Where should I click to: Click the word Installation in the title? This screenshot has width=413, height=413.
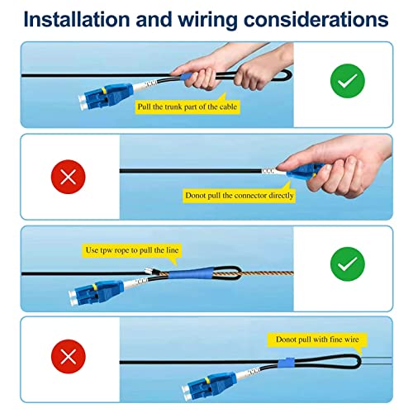[77, 19]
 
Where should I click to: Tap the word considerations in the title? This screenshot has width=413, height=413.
[316, 19]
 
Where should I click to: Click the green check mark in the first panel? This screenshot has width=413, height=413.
[348, 81]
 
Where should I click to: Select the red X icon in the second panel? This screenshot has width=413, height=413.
[69, 177]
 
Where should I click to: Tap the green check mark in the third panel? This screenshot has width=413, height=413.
[348, 264]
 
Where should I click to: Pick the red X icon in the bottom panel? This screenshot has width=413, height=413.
[69, 357]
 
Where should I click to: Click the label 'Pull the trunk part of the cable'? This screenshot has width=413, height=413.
[188, 107]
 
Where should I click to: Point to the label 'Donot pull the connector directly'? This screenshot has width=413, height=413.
[240, 196]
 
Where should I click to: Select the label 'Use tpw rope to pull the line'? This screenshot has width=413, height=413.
[132, 250]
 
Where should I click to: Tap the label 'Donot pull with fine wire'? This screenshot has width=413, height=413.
[317, 339]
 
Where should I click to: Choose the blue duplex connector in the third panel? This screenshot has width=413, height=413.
[97, 293]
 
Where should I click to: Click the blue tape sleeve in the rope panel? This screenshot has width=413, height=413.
[191, 273]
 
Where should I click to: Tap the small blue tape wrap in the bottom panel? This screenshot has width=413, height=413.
[286, 363]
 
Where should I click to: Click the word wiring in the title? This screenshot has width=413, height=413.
[207, 20]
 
